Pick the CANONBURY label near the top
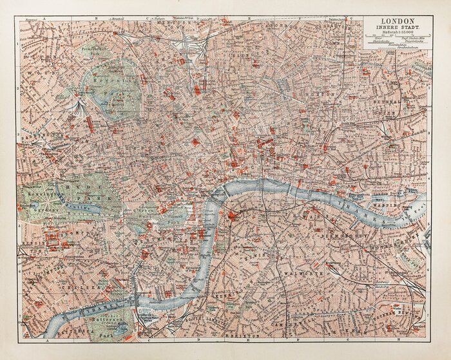(283, 28)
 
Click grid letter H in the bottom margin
(397, 339)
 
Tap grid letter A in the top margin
(45, 19)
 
